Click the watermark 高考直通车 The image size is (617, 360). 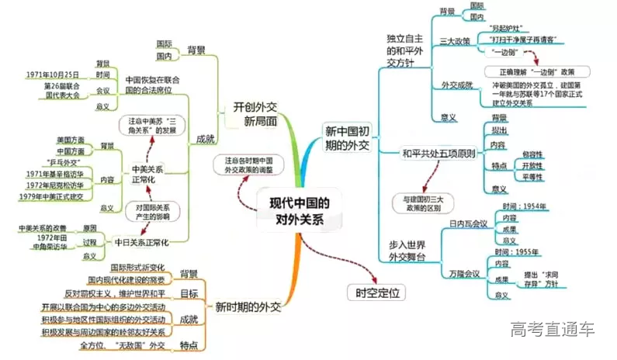tap(552, 330)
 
